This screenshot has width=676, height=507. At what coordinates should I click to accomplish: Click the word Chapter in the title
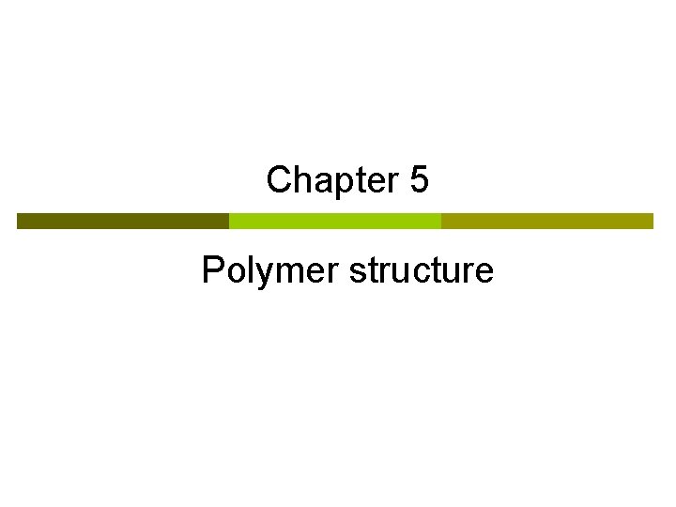pyautogui.click(x=332, y=179)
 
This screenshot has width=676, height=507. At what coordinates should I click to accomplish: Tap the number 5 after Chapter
pyautogui.click(x=420, y=179)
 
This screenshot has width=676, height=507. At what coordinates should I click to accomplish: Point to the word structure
pyautogui.click(x=421, y=270)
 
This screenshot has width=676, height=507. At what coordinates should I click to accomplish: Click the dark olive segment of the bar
pyautogui.click(x=122, y=221)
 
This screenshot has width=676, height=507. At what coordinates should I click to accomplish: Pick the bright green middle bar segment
pyautogui.click(x=335, y=221)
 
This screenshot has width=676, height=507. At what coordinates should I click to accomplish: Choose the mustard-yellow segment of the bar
pyautogui.click(x=547, y=221)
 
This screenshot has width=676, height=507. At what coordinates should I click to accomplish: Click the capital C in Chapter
pyautogui.click(x=279, y=179)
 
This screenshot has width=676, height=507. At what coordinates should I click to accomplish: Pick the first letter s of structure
pyautogui.click(x=358, y=272)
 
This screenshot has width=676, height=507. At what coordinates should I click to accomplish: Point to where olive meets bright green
pyautogui.click(x=229, y=221)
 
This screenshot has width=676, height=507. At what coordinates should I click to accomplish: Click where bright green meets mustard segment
pyautogui.click(x=441, y=221)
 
